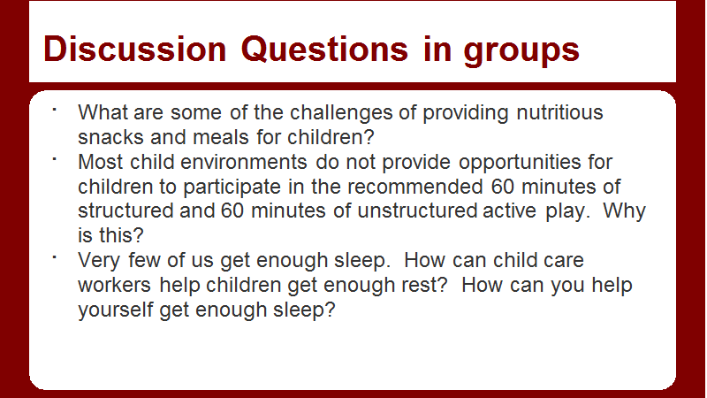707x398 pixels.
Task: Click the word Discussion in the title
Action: click(x=135, y=49)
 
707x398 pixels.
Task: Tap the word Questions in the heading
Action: click(x=324, y=50)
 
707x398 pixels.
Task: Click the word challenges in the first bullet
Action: click(x=341, y=113)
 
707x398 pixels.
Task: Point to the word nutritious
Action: click(x=559, y=112)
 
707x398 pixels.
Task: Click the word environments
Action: click(x=244, y=162)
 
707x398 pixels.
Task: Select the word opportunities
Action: click(x=520, y=163)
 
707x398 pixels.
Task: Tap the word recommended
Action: click(x=414, y=187)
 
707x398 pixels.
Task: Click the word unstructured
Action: click(x=417, y=210)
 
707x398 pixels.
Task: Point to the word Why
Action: click(x=625, y=211)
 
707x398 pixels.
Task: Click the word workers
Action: click(x=115, y=285)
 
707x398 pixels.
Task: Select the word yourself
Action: click(x=116, y=310)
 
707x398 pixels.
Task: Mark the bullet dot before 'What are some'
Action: click(x=54, y=109)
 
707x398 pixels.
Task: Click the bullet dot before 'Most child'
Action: click(x=54, y=159)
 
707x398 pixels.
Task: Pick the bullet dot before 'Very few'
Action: click(x=54, y=257)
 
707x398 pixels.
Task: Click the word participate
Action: click(x=232, y=188)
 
